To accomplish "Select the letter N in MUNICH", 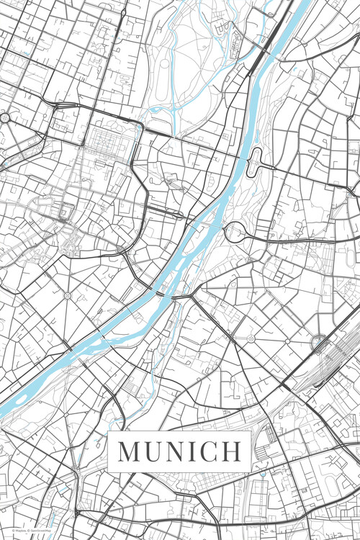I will point(176,451).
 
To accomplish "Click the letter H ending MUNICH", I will point(232,451).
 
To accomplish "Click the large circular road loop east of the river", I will point(235,233).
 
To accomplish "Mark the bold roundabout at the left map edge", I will point(4,117).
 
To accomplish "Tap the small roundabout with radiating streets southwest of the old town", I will point(67,295).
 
